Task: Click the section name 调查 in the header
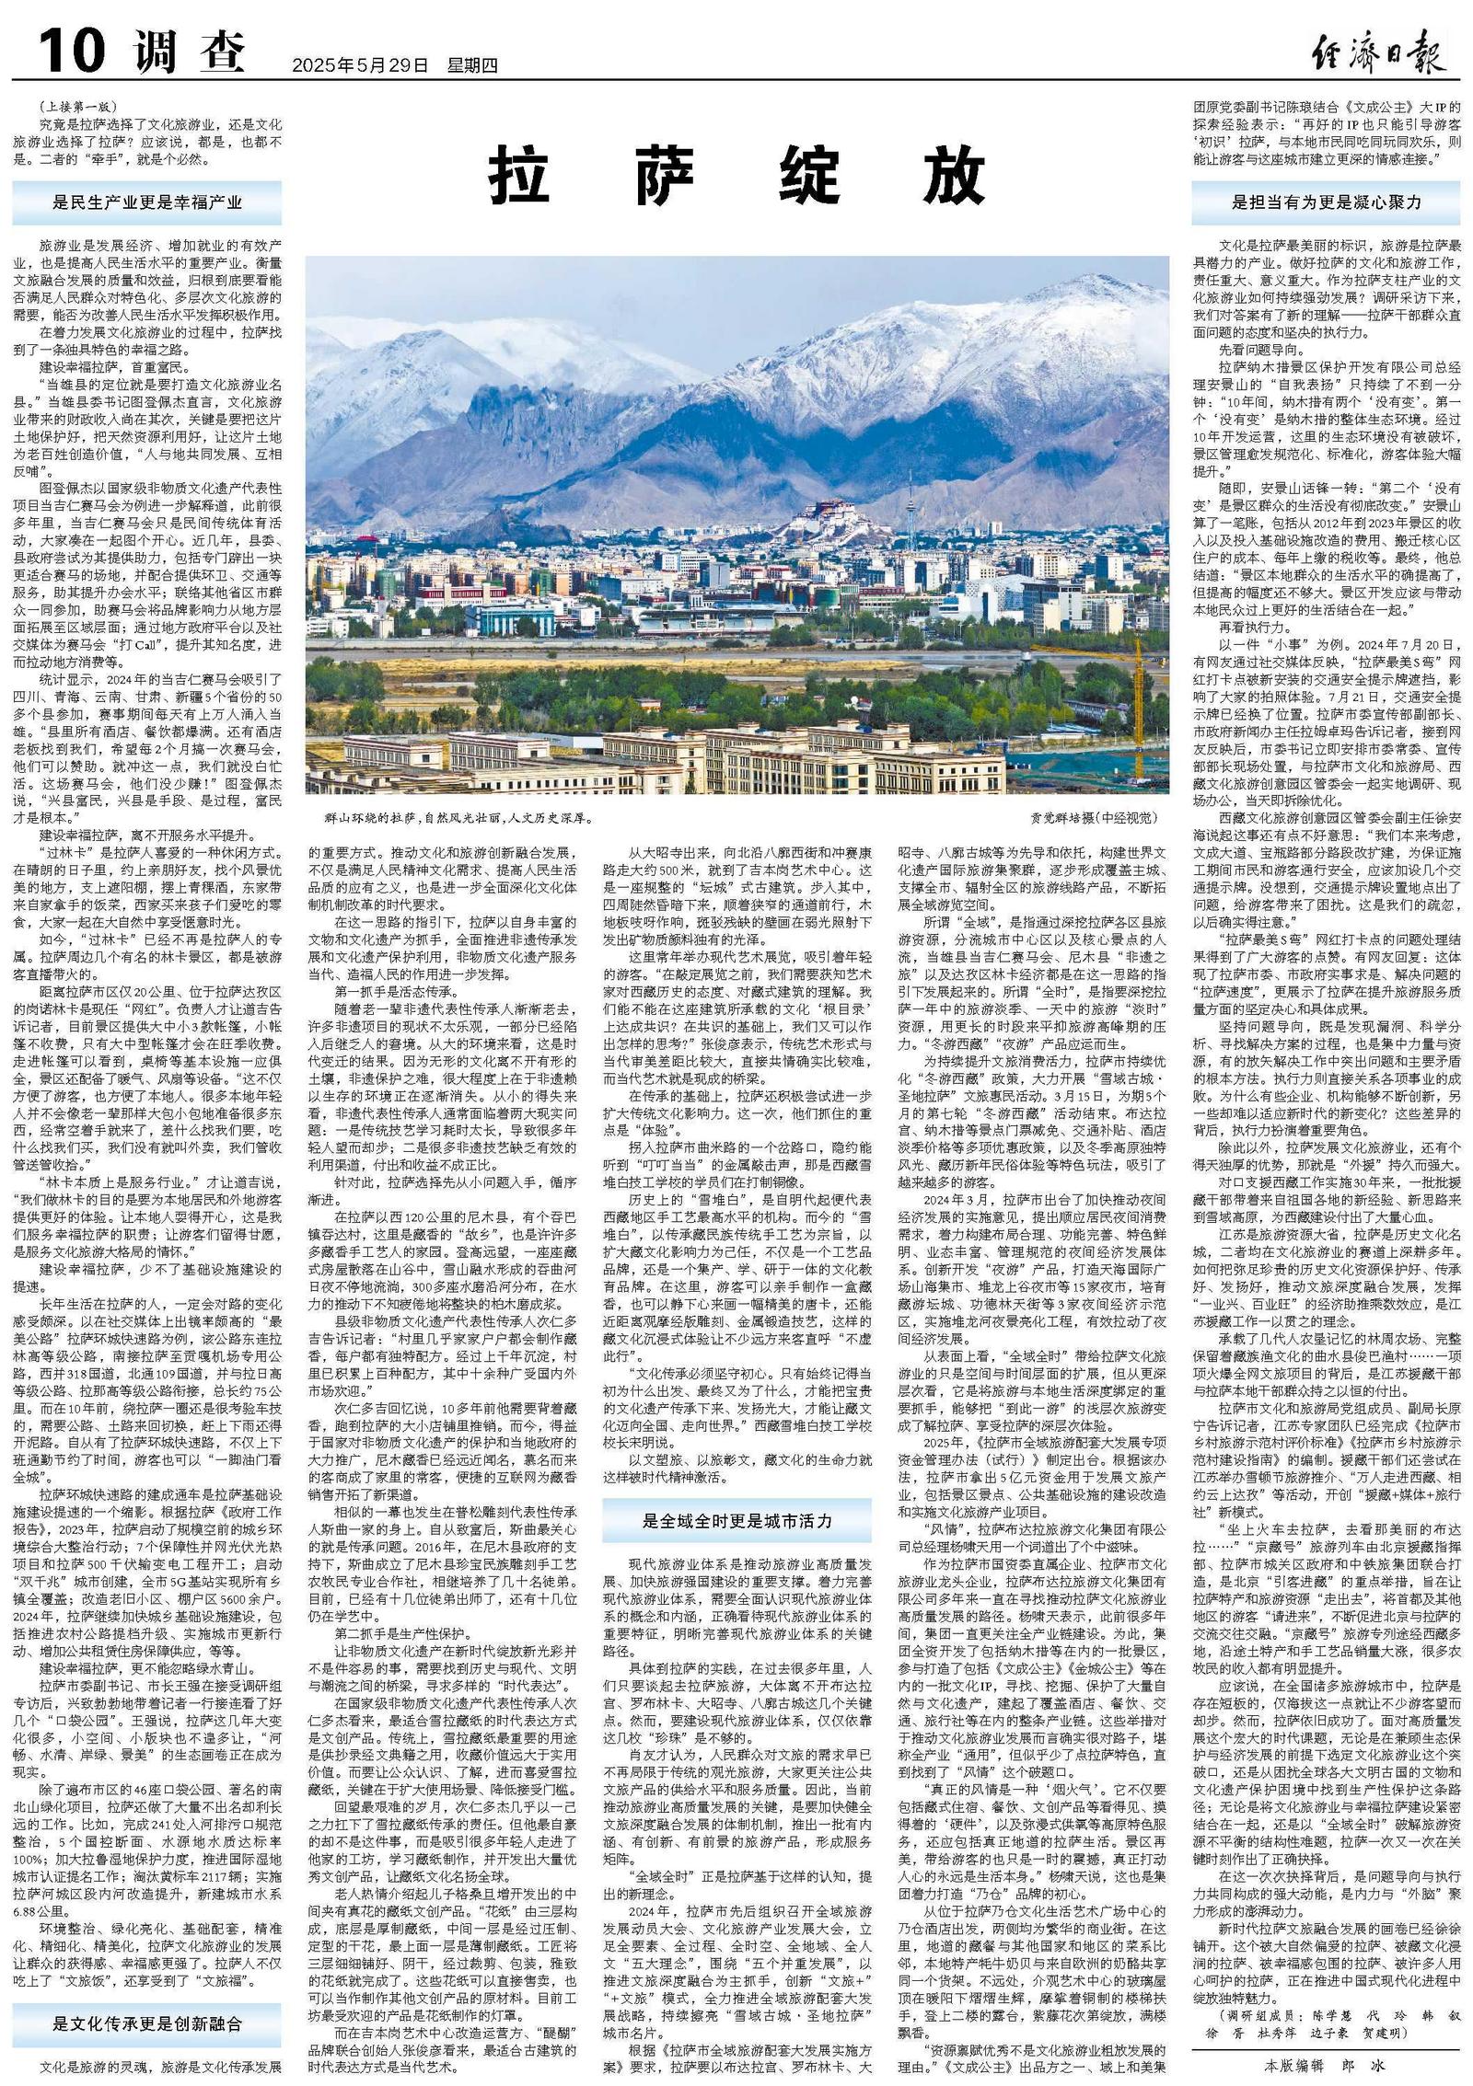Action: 190,52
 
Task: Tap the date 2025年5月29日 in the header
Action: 360,65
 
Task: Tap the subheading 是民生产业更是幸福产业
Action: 147,204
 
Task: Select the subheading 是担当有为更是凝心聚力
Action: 1327,202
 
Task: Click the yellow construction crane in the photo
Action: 1142,690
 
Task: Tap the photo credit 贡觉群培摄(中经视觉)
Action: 1091,817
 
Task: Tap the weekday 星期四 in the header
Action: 472,65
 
